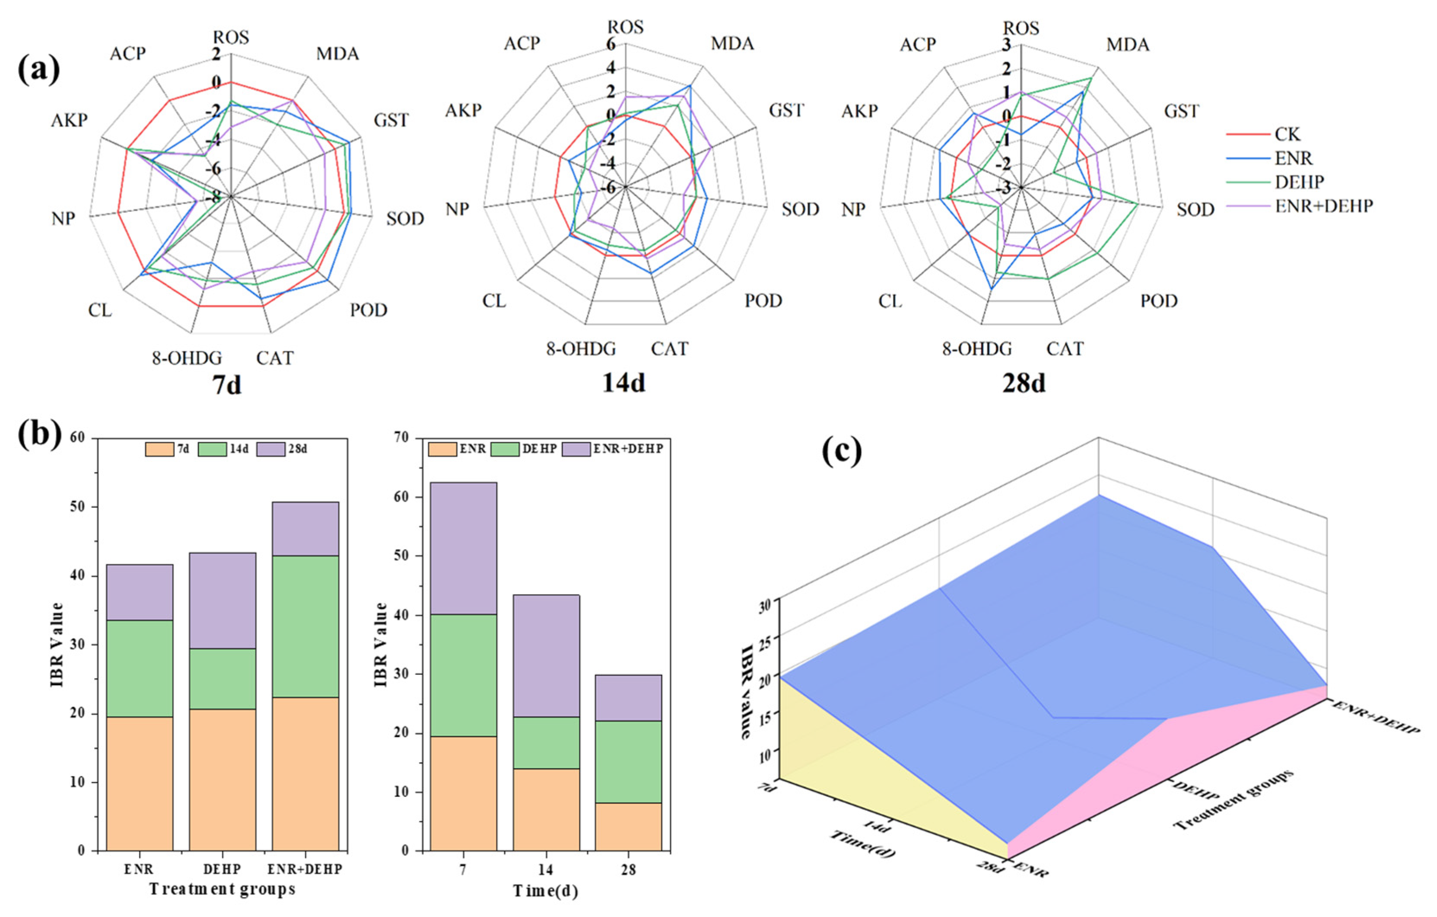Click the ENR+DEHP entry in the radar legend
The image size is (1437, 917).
pos(1324,206)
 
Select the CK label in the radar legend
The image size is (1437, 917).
pos(1287,134)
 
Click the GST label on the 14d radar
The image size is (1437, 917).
pos(786,110)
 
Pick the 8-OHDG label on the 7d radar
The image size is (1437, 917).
pos(187,358)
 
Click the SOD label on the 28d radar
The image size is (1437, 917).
pos(1195,210)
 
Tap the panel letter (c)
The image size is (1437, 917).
pos(842,452)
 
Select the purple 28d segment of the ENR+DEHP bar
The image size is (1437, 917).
pos(305,528)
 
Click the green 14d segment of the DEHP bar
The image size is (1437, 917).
pos(223,679)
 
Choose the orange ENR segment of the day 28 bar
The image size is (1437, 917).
pos(628,826)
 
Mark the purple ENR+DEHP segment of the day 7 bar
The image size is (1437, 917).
pos(464,548)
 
